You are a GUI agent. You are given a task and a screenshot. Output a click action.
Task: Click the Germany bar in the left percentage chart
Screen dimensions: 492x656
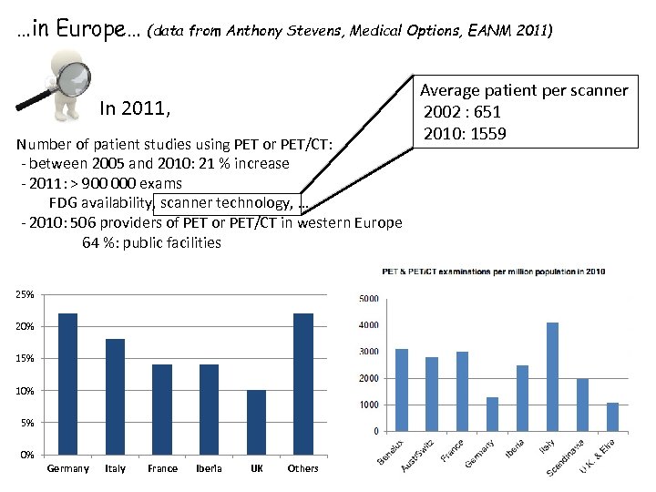pos(67,384)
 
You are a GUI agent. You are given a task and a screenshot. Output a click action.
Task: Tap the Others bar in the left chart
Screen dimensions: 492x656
pos(302,384)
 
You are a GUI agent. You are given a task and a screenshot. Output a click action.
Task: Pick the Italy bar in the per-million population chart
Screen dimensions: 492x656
pos(551,377)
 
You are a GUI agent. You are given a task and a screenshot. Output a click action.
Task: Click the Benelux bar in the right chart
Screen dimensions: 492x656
pos(402,390)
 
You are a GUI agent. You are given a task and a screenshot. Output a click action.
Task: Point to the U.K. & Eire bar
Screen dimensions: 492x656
pos(612,416)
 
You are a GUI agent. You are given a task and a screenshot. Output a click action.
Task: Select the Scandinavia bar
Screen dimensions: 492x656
pos(581,405)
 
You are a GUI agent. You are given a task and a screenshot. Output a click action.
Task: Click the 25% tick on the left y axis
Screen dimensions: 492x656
pos(26,295)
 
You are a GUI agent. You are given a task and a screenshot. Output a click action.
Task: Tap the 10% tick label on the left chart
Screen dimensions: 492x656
pos(26,391)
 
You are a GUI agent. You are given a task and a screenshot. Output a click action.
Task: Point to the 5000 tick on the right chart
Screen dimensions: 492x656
pos(368,299)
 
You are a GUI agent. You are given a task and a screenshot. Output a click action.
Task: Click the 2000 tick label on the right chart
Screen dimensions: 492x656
pos(368,378)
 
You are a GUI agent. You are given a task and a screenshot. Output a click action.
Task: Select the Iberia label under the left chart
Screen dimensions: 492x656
pos(209,468)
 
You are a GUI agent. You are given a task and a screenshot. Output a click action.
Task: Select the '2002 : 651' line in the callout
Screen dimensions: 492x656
pos(461,112)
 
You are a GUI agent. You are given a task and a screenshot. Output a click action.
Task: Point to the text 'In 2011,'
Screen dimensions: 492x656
pos(135,109)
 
